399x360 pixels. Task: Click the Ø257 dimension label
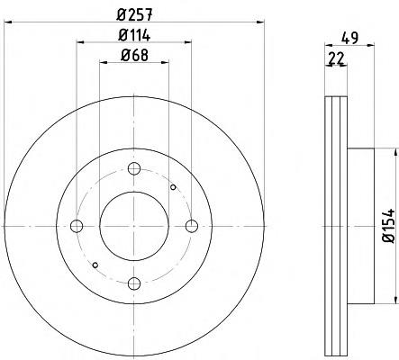pos(135,14)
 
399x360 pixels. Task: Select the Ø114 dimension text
pos(134,36)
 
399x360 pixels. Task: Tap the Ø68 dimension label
pos(134,56)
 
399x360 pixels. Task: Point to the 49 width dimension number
pos(350,38)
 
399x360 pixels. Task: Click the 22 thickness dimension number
pos(336,58)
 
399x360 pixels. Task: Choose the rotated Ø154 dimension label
pos(388,226)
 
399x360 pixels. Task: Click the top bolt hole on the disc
pos(134,168)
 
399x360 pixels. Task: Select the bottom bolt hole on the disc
pos(134,283)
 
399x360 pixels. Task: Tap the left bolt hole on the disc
pos(77,226)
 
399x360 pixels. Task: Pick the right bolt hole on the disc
pos(192,226)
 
